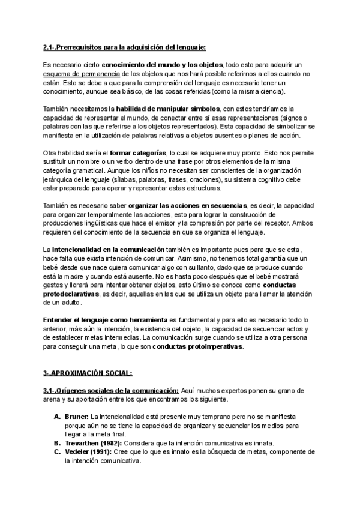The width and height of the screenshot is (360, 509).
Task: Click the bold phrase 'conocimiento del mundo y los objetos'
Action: click(x=162, y=65)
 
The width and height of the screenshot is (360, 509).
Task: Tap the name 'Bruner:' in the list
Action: click(x=76, y=417)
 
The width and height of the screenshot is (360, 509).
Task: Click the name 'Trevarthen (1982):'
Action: click(x=96, y=443)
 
